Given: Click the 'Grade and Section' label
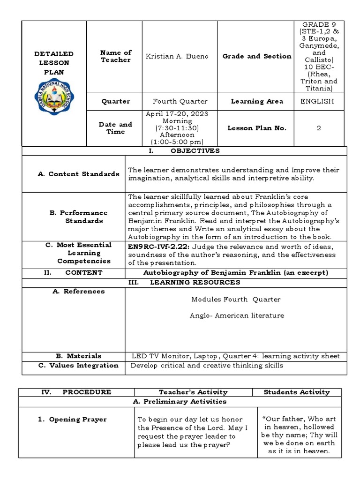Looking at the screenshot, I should tap(257, 56).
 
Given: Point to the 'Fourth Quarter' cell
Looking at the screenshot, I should tap(180, 101).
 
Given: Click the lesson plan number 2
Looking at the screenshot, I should tap(319, 128).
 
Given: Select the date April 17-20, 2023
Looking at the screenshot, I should tap(177, 114).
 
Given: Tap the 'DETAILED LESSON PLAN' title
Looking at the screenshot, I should tap(54, 63).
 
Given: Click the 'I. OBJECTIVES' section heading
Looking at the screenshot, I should tap(184, 151).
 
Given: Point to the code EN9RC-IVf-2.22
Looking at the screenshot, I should tap(154, 247).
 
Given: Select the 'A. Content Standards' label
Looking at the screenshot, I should tap(78, 174).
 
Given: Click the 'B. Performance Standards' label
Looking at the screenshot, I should tap(78, 217).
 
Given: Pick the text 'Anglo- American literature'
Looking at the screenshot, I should tap(237, 315).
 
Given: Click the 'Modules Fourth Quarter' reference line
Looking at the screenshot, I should tap(236, 300).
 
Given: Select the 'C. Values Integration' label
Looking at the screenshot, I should tap(78, 365).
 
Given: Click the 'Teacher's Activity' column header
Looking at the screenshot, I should tap(193, 392).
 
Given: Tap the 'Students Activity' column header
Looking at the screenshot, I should tap(297, 392).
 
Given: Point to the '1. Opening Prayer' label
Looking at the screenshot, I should tap(72, 420).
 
